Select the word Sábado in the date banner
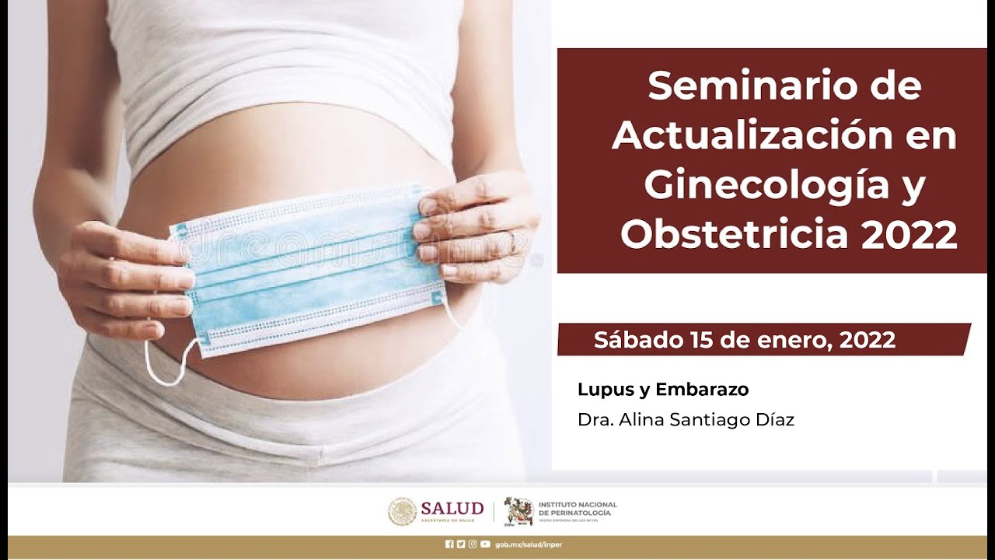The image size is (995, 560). point(637,340)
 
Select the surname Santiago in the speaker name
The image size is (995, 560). point(704,420)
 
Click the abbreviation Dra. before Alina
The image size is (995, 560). point(593,420)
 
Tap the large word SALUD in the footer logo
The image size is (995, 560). point(452,508)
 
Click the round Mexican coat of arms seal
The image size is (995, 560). point(402,511)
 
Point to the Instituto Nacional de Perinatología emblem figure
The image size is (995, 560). point(518,511)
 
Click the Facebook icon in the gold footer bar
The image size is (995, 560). point(449,544)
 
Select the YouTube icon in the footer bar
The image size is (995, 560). point(485,544)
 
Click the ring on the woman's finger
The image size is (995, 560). point(513,242)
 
